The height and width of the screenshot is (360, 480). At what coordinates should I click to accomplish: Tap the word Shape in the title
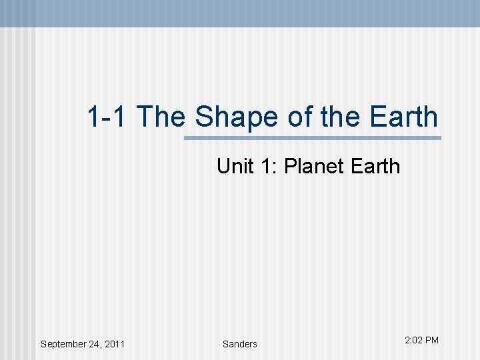pos(237,118)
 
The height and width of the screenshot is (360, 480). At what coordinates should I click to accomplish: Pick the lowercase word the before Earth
pos(340,117)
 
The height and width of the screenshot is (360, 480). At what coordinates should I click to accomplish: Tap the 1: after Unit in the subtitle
pos(269,165)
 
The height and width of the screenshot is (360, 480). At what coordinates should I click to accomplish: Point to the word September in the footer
pos(66,345)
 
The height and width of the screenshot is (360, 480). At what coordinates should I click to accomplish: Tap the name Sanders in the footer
pos(239,344)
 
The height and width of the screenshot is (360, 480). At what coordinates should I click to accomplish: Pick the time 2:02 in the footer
pos(413,340)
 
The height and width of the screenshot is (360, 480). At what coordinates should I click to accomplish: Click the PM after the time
pos(432,340)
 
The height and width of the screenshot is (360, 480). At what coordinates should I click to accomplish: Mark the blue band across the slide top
pos(240,13)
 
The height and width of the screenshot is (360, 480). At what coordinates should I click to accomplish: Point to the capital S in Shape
pos(203,117)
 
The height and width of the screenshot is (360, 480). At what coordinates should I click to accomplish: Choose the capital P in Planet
pos(289,165)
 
